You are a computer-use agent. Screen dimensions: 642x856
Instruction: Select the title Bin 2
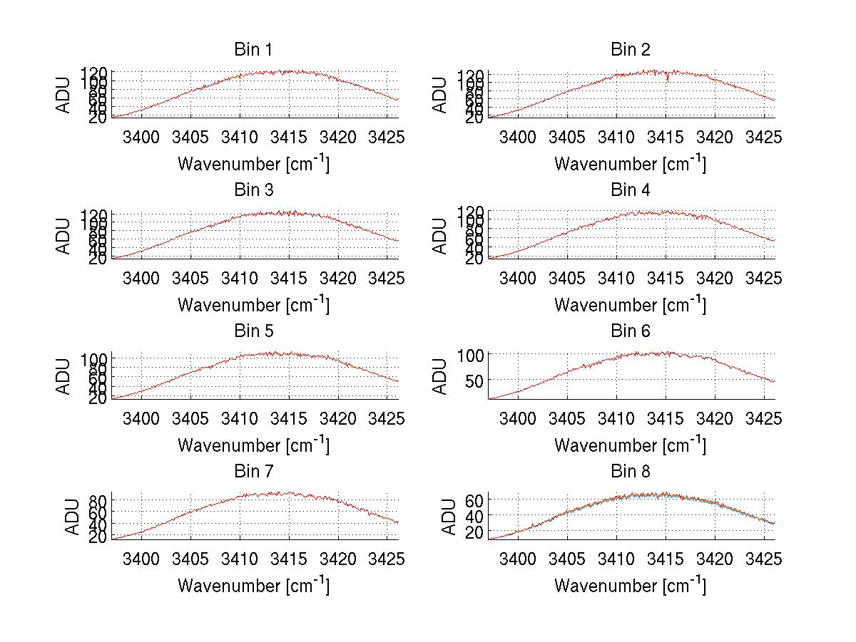(630, 50)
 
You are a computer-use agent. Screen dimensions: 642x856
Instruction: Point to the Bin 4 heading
(630, 190)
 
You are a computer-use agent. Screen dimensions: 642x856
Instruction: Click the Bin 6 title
(630, 331)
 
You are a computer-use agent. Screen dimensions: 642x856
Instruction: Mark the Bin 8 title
(630, 472)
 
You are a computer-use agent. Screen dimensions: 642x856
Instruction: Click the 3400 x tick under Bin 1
(141, 136)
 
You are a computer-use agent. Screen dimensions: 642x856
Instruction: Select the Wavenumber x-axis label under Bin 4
(630, 304)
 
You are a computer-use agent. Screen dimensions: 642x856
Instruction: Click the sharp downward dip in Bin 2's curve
(668, 79)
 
